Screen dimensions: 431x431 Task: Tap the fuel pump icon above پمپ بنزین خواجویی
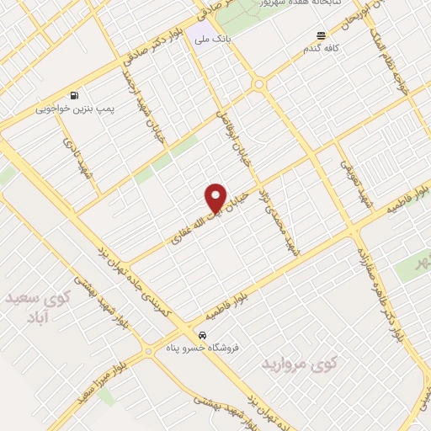76,95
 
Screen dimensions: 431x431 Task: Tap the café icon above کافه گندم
321,35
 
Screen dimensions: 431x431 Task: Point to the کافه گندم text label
321,49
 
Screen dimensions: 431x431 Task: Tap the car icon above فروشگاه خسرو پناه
201,333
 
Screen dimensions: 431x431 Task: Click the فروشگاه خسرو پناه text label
201,347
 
